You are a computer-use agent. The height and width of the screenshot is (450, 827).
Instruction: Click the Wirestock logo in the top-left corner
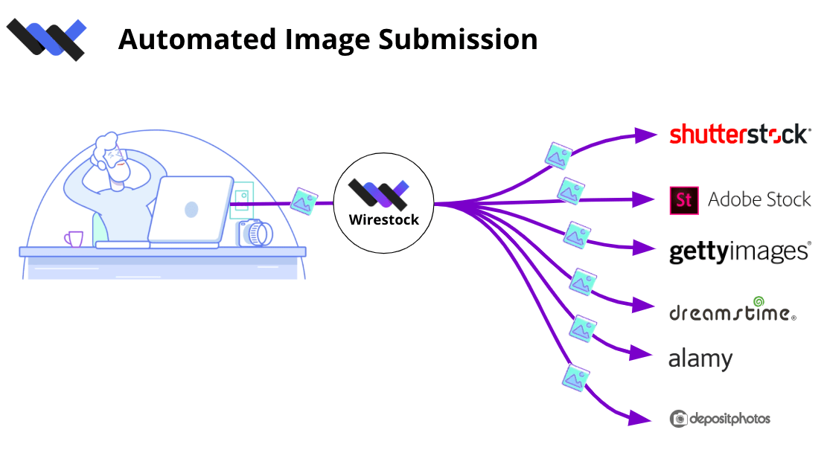46,39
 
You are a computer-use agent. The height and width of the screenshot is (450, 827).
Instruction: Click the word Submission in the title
458,39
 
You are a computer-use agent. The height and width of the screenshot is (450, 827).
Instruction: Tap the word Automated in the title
197,39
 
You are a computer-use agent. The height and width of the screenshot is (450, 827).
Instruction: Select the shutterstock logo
740,135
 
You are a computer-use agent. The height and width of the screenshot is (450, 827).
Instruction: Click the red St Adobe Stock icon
684,200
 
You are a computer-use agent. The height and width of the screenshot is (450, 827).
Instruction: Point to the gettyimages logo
740,252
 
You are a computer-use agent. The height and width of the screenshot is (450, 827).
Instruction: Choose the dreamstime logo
732,309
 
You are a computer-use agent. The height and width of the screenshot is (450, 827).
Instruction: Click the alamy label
700,359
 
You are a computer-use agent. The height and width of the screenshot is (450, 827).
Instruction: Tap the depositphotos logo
720,419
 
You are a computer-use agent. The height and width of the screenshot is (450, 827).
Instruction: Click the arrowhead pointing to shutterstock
645,135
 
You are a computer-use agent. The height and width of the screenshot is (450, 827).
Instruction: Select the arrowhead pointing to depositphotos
639,418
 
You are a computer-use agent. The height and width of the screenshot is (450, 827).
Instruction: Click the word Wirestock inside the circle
384,219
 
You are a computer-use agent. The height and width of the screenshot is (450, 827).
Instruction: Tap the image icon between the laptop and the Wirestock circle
304,202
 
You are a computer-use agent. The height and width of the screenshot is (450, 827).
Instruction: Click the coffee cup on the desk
74,239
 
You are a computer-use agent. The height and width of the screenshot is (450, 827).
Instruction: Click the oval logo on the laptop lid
191,210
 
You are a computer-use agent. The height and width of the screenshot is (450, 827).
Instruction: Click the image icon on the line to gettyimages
577,235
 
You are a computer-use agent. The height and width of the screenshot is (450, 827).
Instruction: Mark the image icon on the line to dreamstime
583,282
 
